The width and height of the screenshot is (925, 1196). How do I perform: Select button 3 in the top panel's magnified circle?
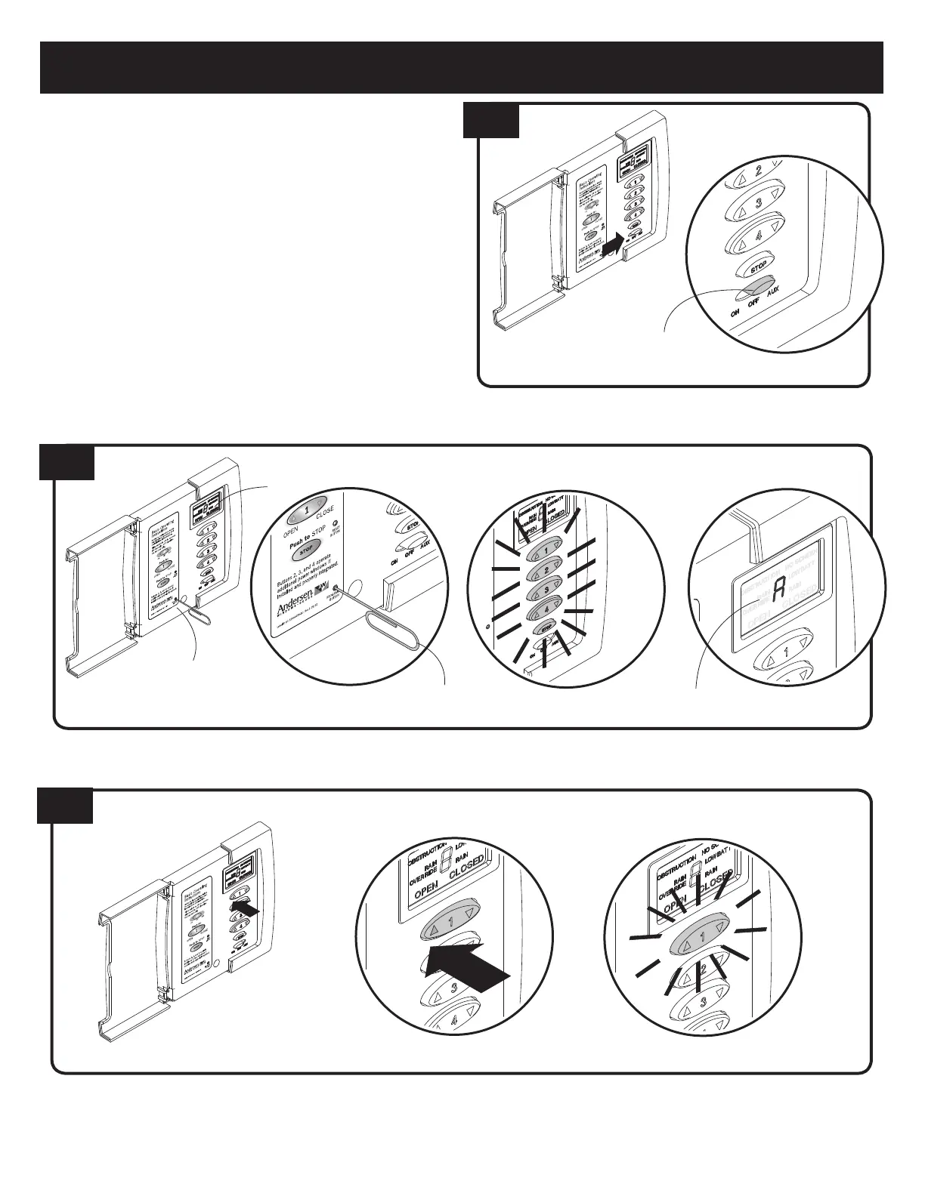[757, 205]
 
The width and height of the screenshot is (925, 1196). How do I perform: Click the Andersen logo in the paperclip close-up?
[292, 606]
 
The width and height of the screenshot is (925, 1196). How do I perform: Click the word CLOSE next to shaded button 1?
[325, 512]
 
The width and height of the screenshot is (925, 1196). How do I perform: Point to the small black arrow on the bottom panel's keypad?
[248, 910]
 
